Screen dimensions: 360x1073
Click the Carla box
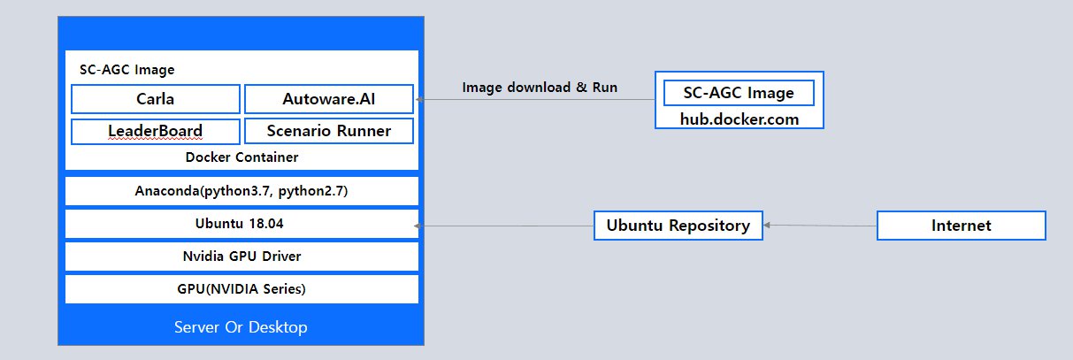(155, 98)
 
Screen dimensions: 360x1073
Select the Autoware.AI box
(328, 98)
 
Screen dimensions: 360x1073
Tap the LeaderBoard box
(155, 132)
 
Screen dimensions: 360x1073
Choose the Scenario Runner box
(328, 132)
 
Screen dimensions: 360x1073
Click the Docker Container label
(241, 157)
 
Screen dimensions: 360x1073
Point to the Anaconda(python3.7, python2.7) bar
(241, 190)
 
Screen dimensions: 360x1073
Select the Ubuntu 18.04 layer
(241, 224)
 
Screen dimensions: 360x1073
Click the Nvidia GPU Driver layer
(241, 257)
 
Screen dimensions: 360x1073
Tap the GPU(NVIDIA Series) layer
(241, 288)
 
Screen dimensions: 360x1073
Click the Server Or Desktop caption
(241, 327)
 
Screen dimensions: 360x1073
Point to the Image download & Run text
(540, 88)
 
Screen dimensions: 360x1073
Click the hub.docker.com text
(739, 118)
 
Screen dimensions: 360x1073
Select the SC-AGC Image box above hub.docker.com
(739, 92)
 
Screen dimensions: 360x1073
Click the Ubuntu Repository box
(678, 226)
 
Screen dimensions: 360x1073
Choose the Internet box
(961, 226)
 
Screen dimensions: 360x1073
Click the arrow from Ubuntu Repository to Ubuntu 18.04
(504, 226)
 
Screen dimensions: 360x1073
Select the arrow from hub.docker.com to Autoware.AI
(535, 100)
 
